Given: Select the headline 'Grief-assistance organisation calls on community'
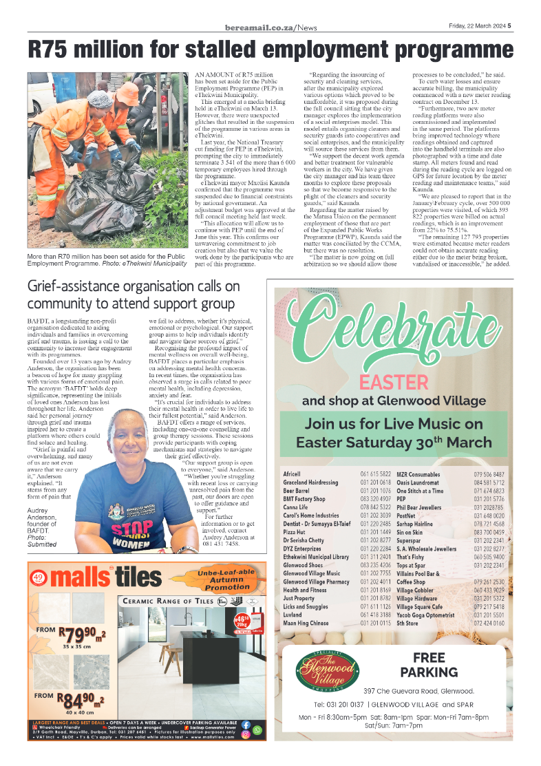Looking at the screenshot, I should click(x=134, y=294).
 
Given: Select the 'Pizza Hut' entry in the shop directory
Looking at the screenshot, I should click(x=295, y=533).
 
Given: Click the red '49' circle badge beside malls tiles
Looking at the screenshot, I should click(x=39, y=577).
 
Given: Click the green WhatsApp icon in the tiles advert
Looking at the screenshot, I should click(x=257, y=730).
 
